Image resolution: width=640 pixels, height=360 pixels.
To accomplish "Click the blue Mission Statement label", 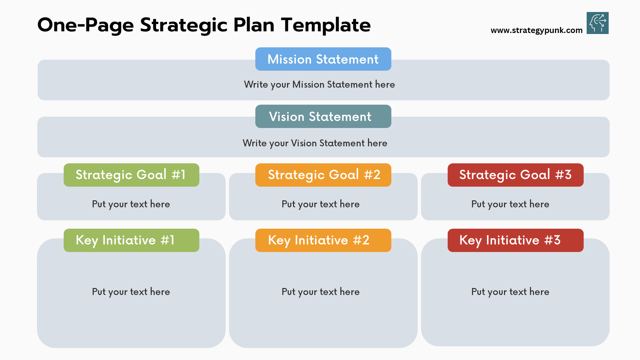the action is (x=323, y=59).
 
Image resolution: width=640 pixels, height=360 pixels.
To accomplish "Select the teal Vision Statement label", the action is (x=323, y=116).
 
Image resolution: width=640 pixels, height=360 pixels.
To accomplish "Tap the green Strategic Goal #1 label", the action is (x=131, y=175).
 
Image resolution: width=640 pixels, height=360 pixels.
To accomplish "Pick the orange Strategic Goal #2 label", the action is (x=323, y=175).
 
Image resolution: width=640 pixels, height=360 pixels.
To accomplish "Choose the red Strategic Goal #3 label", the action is (x=515, y=175).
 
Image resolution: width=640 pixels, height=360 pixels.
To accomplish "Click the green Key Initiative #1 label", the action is (x=131, y=240).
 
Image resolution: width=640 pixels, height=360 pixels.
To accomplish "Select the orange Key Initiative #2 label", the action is (x=323, y=240).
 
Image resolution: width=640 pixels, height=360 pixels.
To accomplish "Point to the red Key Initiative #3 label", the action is (x=515, y=240).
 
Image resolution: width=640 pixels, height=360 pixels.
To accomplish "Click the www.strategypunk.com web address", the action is (x=536, y=30).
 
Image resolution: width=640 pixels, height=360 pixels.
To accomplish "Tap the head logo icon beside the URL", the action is (x=598, y=23).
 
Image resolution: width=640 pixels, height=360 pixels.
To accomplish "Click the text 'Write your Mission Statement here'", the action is (x=319, y=85).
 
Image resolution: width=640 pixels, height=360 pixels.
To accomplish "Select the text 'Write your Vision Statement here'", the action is (x=315, y=143).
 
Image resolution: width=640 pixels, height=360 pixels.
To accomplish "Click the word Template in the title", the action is (x=326, y=25).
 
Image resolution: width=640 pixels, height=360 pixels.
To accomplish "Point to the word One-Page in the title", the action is (x=86, y=25).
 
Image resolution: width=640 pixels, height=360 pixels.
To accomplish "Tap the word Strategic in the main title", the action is (x=184, y=25).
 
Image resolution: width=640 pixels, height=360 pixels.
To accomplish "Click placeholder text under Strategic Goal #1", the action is (x=131, y=204).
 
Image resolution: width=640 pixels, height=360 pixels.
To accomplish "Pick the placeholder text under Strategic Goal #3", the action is (x=510, y=204).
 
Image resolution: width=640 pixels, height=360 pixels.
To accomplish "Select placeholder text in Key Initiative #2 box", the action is (x=321, y=292).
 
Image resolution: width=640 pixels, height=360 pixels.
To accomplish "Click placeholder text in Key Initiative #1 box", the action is (x=131, y=292).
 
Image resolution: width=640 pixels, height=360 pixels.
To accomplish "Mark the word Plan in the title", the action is (x=254, y=25).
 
